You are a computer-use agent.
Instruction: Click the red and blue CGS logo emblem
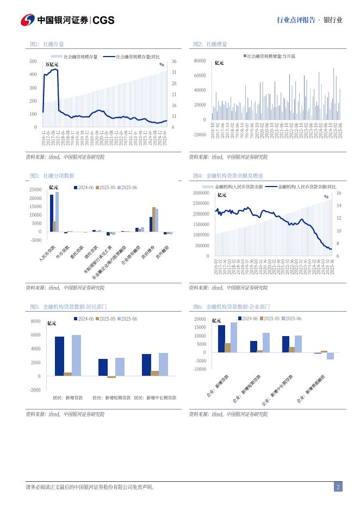pos(28,20)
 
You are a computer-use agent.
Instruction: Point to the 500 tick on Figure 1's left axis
pos(34,61)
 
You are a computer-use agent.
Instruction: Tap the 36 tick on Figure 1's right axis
pos(173,61)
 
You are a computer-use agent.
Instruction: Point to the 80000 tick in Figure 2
pos(199,61)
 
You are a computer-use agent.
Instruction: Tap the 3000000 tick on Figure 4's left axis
pos(200,193)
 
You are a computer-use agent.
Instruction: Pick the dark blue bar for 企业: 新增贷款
pos(221,339)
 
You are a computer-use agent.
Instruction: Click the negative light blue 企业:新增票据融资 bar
pos(330,356)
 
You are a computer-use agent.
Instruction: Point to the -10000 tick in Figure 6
pos(200,369)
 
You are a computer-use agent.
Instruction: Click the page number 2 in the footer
pos(338,487)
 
